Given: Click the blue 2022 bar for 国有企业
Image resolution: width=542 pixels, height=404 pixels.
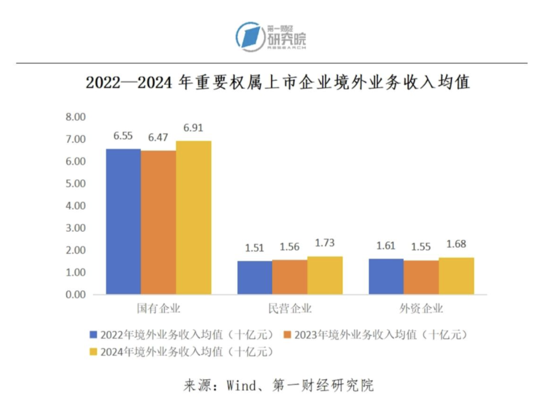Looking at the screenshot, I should click(123, 221).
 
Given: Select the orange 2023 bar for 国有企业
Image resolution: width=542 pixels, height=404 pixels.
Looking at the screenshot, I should click(158, 223).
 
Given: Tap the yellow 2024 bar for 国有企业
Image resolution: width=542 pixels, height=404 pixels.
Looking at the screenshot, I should click(193, 218).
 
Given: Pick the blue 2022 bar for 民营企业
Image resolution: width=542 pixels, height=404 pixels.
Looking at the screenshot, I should click(254, 277).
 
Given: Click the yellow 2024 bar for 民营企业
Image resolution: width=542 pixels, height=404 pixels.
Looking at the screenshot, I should click(325, 275).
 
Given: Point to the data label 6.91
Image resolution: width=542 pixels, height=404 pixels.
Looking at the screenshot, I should click(193, 128).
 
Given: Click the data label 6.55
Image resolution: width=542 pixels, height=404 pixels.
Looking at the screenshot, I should click(123, 136).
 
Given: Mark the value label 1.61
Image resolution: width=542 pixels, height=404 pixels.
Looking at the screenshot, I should click(386, 246).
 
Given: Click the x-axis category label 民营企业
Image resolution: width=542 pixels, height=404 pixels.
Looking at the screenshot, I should click(290, 309).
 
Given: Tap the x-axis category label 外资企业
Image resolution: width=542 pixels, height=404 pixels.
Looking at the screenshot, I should click(421, 309).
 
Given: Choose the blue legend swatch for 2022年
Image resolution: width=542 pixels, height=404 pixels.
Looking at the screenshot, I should click(94, 334).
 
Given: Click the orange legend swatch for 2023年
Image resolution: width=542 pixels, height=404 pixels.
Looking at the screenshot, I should click(288, 334).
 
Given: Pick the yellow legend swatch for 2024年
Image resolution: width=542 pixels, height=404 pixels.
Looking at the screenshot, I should click(94, 351).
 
